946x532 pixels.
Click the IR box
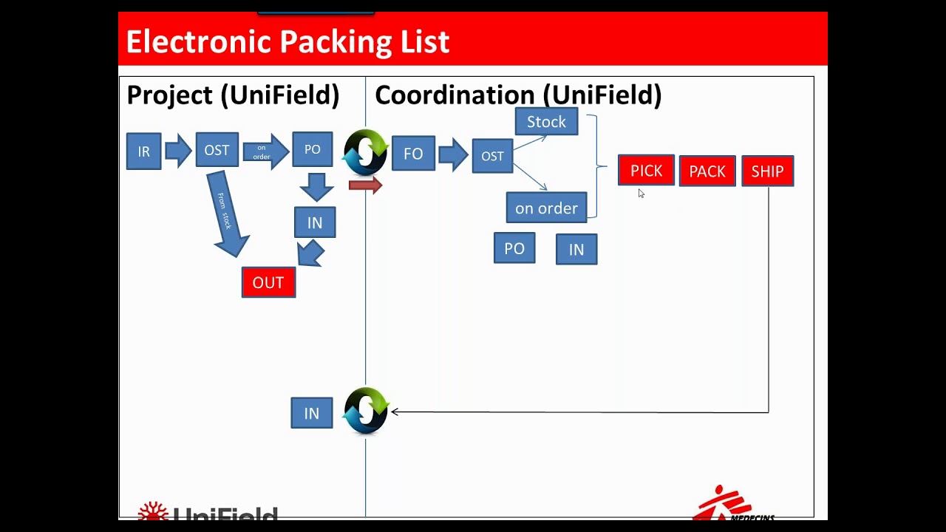click(143, 151)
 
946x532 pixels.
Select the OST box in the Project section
click(217, 150)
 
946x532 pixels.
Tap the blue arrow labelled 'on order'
click(265, 151)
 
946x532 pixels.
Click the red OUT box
click(268, 282)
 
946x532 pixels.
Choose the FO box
click(413, 154)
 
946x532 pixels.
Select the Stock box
click(546, 122)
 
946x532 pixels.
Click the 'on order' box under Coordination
click(546, 208)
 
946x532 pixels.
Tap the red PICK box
click(646, 171)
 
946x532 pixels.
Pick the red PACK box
click(707, 171)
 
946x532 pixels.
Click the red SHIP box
click(767, 171)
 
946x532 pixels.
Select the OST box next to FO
click(492, 156)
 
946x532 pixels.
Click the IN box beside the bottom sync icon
click(311, 413)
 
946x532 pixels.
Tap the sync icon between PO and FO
click(366, 152)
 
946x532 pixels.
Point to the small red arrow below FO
click(365, 185)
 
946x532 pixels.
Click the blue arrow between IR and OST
click(178, 151)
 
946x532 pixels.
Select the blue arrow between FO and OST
click(453, 154)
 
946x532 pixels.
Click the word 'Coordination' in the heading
click(454, 95)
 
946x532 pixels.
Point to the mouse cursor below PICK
click(641, 194)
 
